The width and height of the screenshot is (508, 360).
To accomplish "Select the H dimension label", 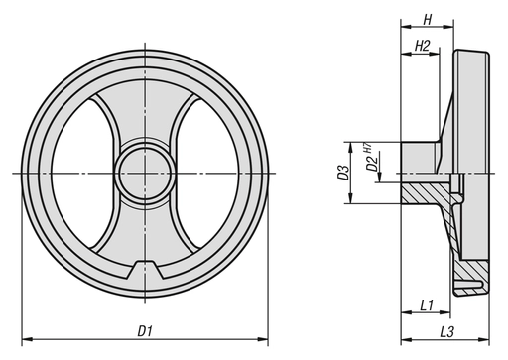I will pos(427,19).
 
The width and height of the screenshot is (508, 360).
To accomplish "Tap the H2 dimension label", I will pos(421,47).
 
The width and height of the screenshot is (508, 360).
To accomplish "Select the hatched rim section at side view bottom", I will pos(470,274).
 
